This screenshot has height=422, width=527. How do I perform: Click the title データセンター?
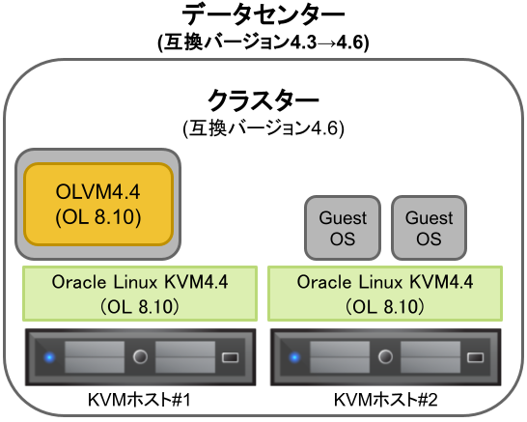263,16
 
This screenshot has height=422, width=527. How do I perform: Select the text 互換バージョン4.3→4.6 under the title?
263,42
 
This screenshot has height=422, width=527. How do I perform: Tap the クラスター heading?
263,100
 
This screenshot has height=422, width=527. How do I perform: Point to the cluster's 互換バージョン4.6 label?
263,127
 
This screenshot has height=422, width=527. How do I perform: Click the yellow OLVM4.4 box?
97,203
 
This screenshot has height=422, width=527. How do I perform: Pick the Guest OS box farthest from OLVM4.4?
429,228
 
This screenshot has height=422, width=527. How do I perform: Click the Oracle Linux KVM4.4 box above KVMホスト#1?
139,294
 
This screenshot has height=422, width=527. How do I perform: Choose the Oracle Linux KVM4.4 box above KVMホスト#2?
386,294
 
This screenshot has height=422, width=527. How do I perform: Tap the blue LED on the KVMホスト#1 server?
50,358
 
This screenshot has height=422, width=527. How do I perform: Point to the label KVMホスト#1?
139,399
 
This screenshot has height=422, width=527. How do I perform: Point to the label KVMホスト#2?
386,399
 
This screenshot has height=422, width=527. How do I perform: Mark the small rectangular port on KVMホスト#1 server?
232,358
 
